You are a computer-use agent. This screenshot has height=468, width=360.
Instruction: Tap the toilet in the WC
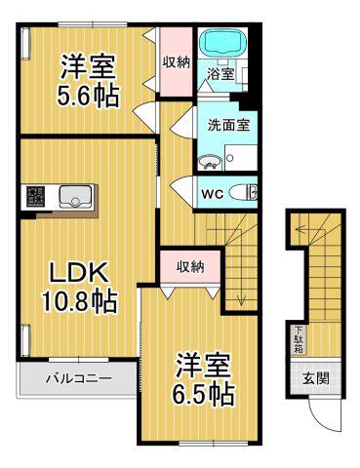(x=243, y=193)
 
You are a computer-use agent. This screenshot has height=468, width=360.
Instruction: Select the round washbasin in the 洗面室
(x=210, y=162)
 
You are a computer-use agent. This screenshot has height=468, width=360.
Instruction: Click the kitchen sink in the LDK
(x=74, y=197)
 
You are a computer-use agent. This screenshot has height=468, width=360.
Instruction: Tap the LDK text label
(x=78, y=273)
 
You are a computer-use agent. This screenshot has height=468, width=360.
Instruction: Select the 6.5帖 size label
(x=202, y=394)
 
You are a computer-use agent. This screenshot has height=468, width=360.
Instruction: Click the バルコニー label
(x=79, y=378)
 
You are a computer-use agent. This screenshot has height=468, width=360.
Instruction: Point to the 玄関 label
(x=316, y=378)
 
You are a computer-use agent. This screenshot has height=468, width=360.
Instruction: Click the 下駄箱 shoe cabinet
(x=299, y=340)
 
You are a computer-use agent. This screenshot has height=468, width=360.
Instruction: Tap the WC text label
(x=212, y=194)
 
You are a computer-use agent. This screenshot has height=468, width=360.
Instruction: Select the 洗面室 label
(x=228, y=126)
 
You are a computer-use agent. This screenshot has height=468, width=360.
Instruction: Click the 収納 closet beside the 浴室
(x=176, y=61)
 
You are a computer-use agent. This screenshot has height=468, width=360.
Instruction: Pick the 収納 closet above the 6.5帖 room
(x=191, y=267)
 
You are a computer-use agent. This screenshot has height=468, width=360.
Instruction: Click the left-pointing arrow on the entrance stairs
(x=301, y=229)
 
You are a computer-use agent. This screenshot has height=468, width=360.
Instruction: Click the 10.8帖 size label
(x=79, y=301)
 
